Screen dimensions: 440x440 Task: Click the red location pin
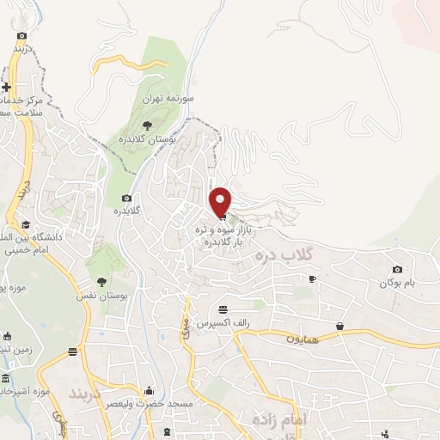tap(221, 201)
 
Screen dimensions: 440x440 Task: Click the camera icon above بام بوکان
tap(397, 270)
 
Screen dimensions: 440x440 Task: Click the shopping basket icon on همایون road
tap(341, 326)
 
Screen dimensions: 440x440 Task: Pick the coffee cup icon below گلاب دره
tap(312, 278)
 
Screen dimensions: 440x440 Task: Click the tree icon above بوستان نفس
tap(102, 281)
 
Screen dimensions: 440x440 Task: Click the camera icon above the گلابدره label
tap(126, 198)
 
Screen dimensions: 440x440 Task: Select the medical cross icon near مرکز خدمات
tap(7, 88)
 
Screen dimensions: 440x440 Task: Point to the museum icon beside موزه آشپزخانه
tap(6, 379)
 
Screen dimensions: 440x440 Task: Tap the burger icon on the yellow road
tap(73, 351)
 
